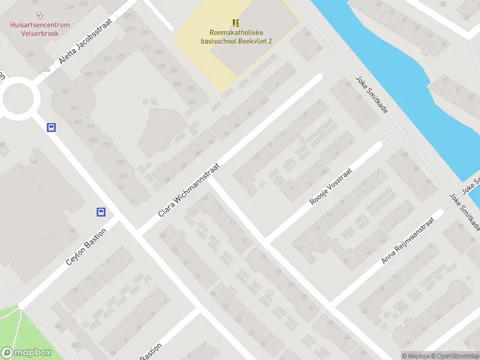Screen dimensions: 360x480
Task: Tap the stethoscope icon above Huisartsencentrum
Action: [x=40, y=14]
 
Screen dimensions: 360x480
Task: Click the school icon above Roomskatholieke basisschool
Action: [x=236, y=22]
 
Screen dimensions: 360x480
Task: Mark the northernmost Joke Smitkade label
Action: [x=371, y=95]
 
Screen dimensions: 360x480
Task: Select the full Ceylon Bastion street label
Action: [x=86, y=247]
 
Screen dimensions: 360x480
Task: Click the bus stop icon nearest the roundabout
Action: [x=52, y=127]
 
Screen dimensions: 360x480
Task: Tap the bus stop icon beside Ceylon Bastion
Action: [x=101, y=212]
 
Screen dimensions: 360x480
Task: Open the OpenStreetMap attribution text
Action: [x=454, y=356]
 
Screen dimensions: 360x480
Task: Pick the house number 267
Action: [x=75, y=108]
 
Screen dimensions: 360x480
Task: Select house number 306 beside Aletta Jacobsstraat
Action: [x=47, y=70]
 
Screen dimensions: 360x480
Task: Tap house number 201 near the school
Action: [x=192, y=101]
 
